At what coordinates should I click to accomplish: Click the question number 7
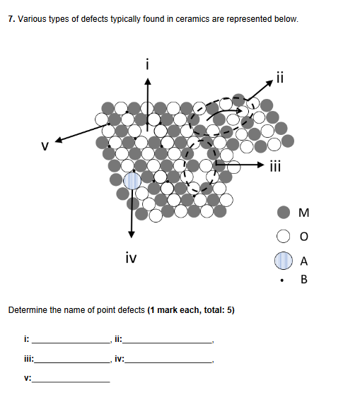(x=10, y=19)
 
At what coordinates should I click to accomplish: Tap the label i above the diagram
(x=147, y=65)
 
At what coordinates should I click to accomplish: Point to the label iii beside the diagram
(x=277, y=167)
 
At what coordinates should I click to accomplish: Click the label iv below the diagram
(x=130, y=259)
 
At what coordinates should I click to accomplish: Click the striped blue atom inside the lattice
(x=132, y=180)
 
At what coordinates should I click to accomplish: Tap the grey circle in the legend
(x=284, y=212)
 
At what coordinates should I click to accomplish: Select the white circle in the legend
(x=284, y=235)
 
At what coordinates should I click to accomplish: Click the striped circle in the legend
(x=284, y=260)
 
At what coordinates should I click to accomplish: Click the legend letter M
(x=304, y=212)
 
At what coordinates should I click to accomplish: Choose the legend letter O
(x=304, y=235)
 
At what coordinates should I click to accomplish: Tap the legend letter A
(x=304, y=260)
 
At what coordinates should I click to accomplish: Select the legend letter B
(x=304, y=280)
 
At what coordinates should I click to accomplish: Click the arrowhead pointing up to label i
(x=147, y=81)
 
